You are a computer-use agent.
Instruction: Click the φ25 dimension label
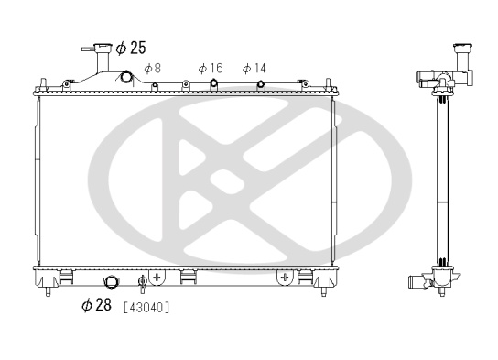pos(131,48)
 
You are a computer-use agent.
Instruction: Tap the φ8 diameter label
pos(153,69)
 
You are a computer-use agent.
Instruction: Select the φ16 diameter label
pos(211,69)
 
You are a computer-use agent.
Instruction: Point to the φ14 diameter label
pos(254,69)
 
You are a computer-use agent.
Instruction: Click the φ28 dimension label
pos(96,305)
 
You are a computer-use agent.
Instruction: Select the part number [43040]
pos(146,308)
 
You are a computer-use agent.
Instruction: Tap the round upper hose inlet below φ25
pos(126,77)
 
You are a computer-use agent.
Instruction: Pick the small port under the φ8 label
pos(155,85)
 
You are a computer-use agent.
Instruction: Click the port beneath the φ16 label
pos(213,83)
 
